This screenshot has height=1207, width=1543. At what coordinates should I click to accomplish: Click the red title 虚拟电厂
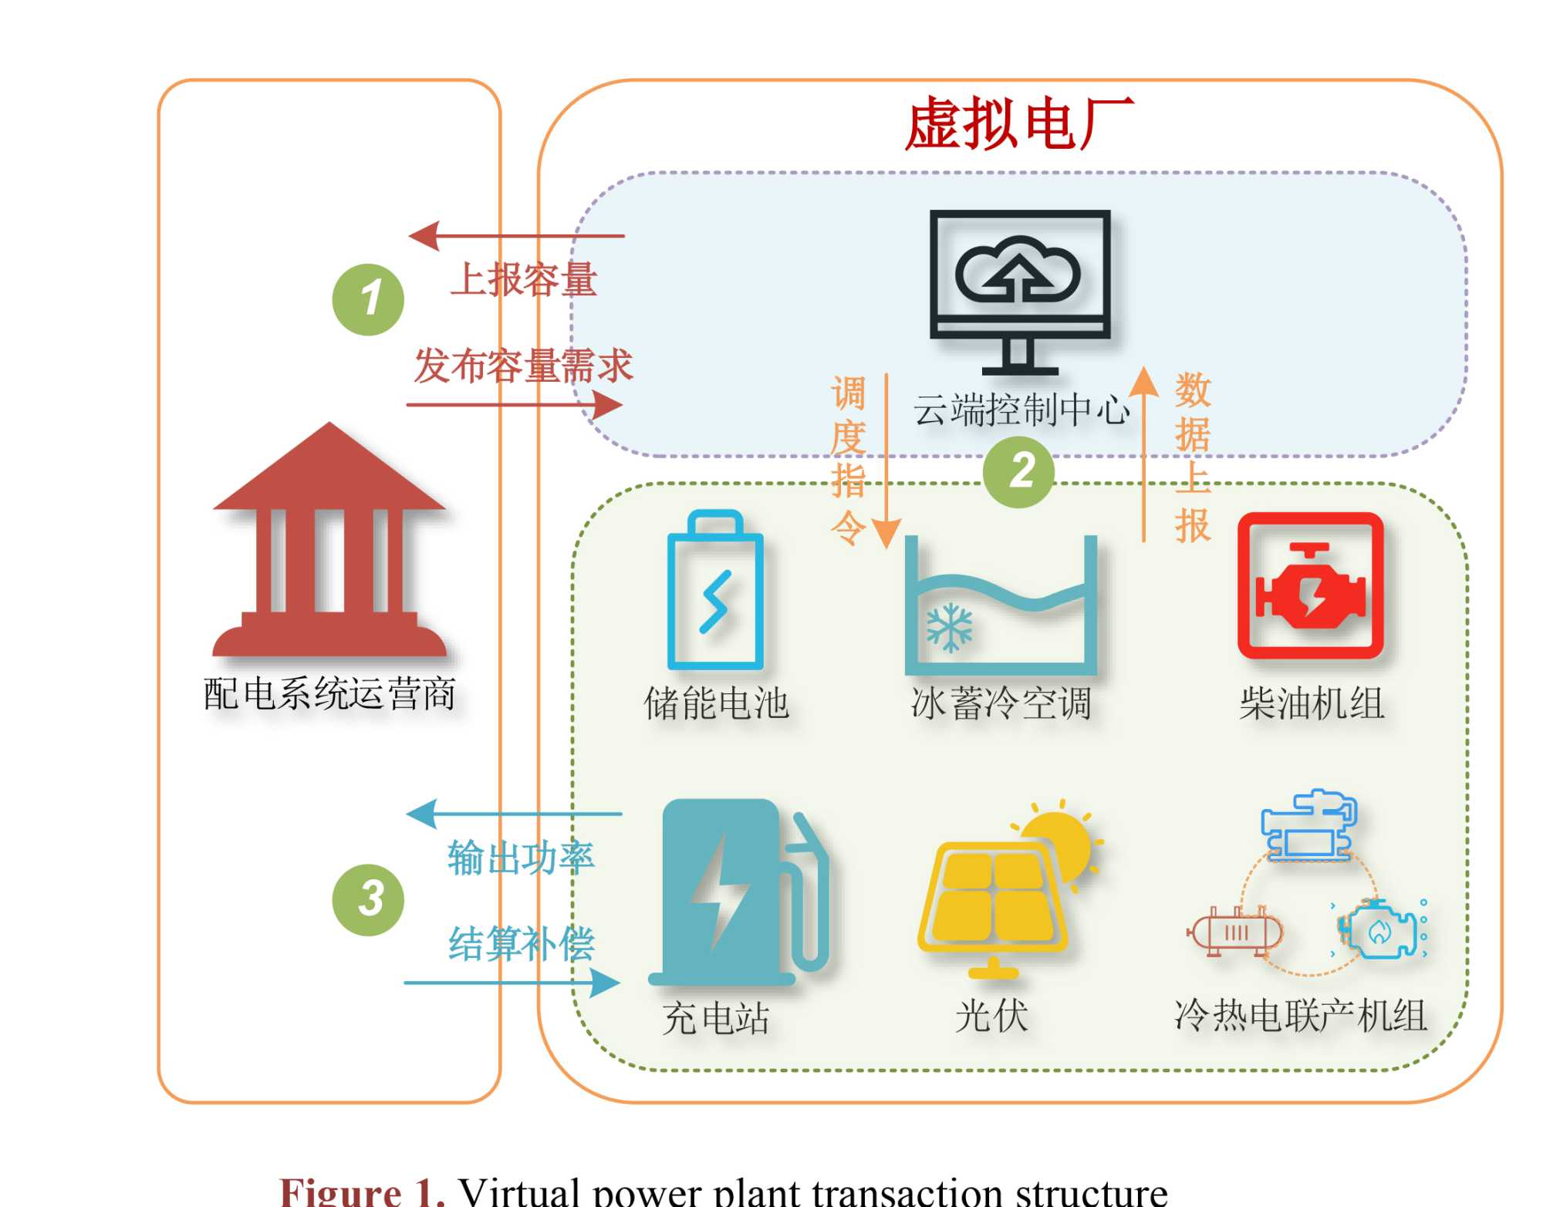click(x=1018, y=123)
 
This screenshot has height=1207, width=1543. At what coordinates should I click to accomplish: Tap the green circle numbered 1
click(x=368, y=299)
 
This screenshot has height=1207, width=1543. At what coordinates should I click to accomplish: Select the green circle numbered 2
click(x=1018, y=471)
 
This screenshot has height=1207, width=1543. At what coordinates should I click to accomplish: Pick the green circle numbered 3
click(x=368, y=900)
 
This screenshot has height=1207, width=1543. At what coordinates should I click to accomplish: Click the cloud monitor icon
click(x=1020, y=289)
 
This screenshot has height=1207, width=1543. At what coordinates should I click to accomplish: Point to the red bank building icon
click(x=329, y=540)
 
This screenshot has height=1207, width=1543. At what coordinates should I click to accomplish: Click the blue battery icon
click(x=715, y=590)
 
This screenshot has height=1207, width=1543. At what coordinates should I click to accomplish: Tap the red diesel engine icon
click(x=1310, y=586)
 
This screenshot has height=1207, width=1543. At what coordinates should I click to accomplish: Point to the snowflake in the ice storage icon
click(x=949, y=627)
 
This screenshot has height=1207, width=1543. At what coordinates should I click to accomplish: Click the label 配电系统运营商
click(x=329, y=694)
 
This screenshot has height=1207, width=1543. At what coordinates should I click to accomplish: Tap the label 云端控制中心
click(x=1021, y=410)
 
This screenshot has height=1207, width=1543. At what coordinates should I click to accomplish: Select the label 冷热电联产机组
click(x=1300, y=1016)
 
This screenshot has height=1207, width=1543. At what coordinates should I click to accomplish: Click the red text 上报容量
click(x=524, y=279)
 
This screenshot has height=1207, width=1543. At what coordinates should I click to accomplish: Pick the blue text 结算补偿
click(x=522, y=943)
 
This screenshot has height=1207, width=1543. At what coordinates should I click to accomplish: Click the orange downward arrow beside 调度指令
click(x=886, y=463)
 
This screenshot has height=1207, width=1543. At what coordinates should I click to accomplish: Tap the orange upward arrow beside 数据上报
click(x=1143, y=455)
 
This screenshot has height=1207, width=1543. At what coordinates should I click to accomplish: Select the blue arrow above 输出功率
click(x=513, y=814)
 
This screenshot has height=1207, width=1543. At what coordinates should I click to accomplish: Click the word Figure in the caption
click(x=340, y=1192)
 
